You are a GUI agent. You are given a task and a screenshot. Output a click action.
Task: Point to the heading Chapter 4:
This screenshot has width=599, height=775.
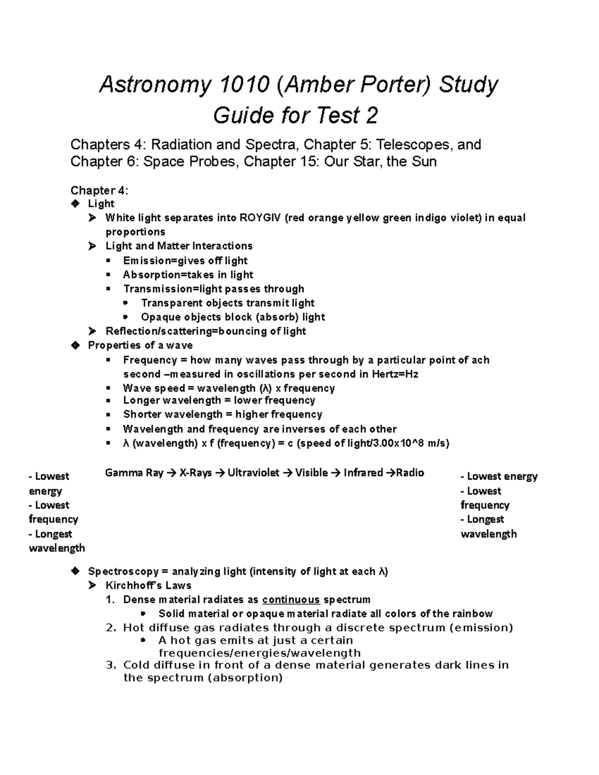click(99, 190)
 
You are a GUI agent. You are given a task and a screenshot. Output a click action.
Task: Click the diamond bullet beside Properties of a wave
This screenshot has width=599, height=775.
click(75, 345)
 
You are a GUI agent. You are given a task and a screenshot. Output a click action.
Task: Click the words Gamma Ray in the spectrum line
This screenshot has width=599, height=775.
click(134, 473)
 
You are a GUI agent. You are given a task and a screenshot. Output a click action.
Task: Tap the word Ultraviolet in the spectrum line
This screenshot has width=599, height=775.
click(253, 473)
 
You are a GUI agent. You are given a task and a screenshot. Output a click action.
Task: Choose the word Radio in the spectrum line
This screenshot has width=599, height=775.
click(410, 473)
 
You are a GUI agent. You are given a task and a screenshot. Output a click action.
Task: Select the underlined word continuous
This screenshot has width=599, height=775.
click(291, 600)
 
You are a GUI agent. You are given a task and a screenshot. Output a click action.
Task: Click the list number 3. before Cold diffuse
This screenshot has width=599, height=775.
click(111, 665)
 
